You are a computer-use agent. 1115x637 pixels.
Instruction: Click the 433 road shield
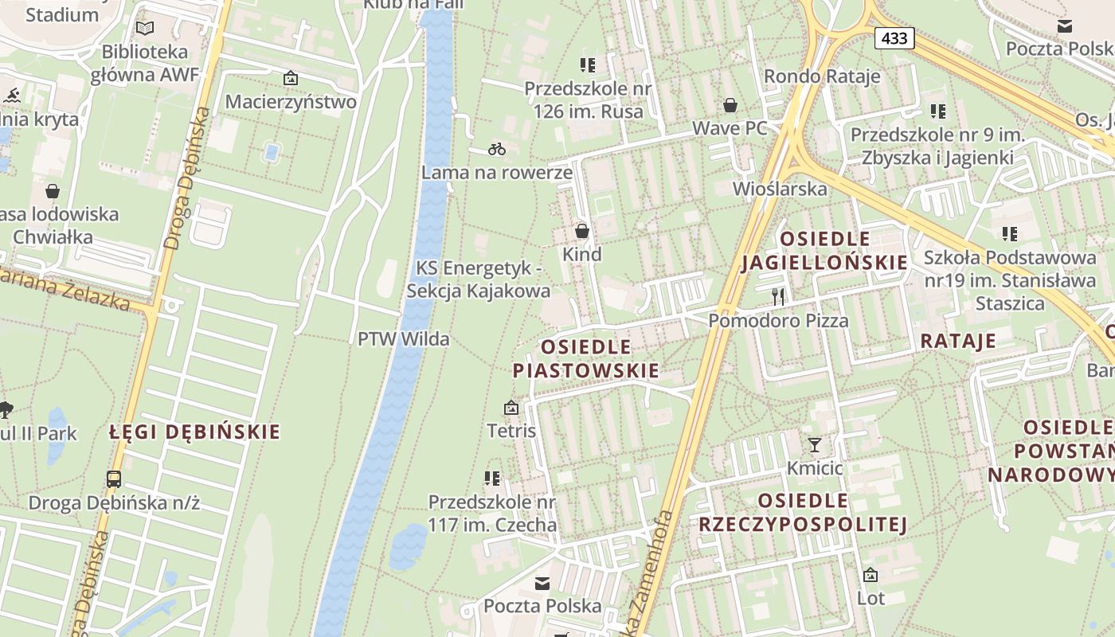click(x=894, y=37)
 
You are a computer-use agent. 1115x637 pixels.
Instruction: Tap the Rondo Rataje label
click(x=822, y=76)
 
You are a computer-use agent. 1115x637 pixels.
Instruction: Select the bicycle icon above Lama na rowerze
click(x=497, y=149)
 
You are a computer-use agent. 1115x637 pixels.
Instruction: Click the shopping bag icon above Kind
click(x=582, y=231)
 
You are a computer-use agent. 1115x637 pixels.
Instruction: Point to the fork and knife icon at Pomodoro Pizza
click(x=778, y=297)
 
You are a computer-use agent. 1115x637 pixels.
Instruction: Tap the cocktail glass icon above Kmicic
click(x=814, y=444)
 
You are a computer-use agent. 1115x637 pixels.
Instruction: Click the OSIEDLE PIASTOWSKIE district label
click(x=585, y=358)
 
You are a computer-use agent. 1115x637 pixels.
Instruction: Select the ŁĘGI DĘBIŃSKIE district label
click(x=195, y=432)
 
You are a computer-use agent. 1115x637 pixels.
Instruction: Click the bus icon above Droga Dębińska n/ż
click(x=114, y=479)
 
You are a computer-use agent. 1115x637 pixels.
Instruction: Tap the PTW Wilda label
click(x=403, y=338)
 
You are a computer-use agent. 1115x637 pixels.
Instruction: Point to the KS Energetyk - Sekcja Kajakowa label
click(x=478, y=279)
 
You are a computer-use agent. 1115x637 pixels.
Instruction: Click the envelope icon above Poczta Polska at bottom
click(x=542, y=584)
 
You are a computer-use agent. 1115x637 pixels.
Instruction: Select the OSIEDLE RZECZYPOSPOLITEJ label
click(x=803, y=512)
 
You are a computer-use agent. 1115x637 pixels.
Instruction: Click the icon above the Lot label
click(x=870, y=574)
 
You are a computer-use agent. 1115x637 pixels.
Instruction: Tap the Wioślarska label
click(x=779, y=189)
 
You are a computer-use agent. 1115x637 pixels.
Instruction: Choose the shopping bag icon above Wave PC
click(x=730, y=105)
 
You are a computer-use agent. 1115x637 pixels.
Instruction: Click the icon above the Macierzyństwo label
click(x=291, y=78)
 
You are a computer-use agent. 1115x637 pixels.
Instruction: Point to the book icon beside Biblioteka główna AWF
click(x=144, y=29)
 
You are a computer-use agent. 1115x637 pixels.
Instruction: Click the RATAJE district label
click(x=958, y=341)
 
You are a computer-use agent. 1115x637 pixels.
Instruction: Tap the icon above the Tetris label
click(x=511, y=408)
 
